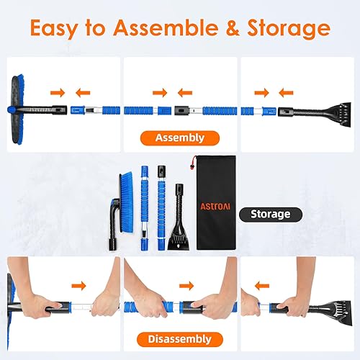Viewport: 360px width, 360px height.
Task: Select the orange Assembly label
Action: (179, 138)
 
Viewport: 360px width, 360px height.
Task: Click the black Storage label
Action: (270, 214)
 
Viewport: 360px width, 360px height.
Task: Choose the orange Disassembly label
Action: (179, 338)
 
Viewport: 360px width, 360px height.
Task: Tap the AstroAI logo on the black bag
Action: (216, 206)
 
